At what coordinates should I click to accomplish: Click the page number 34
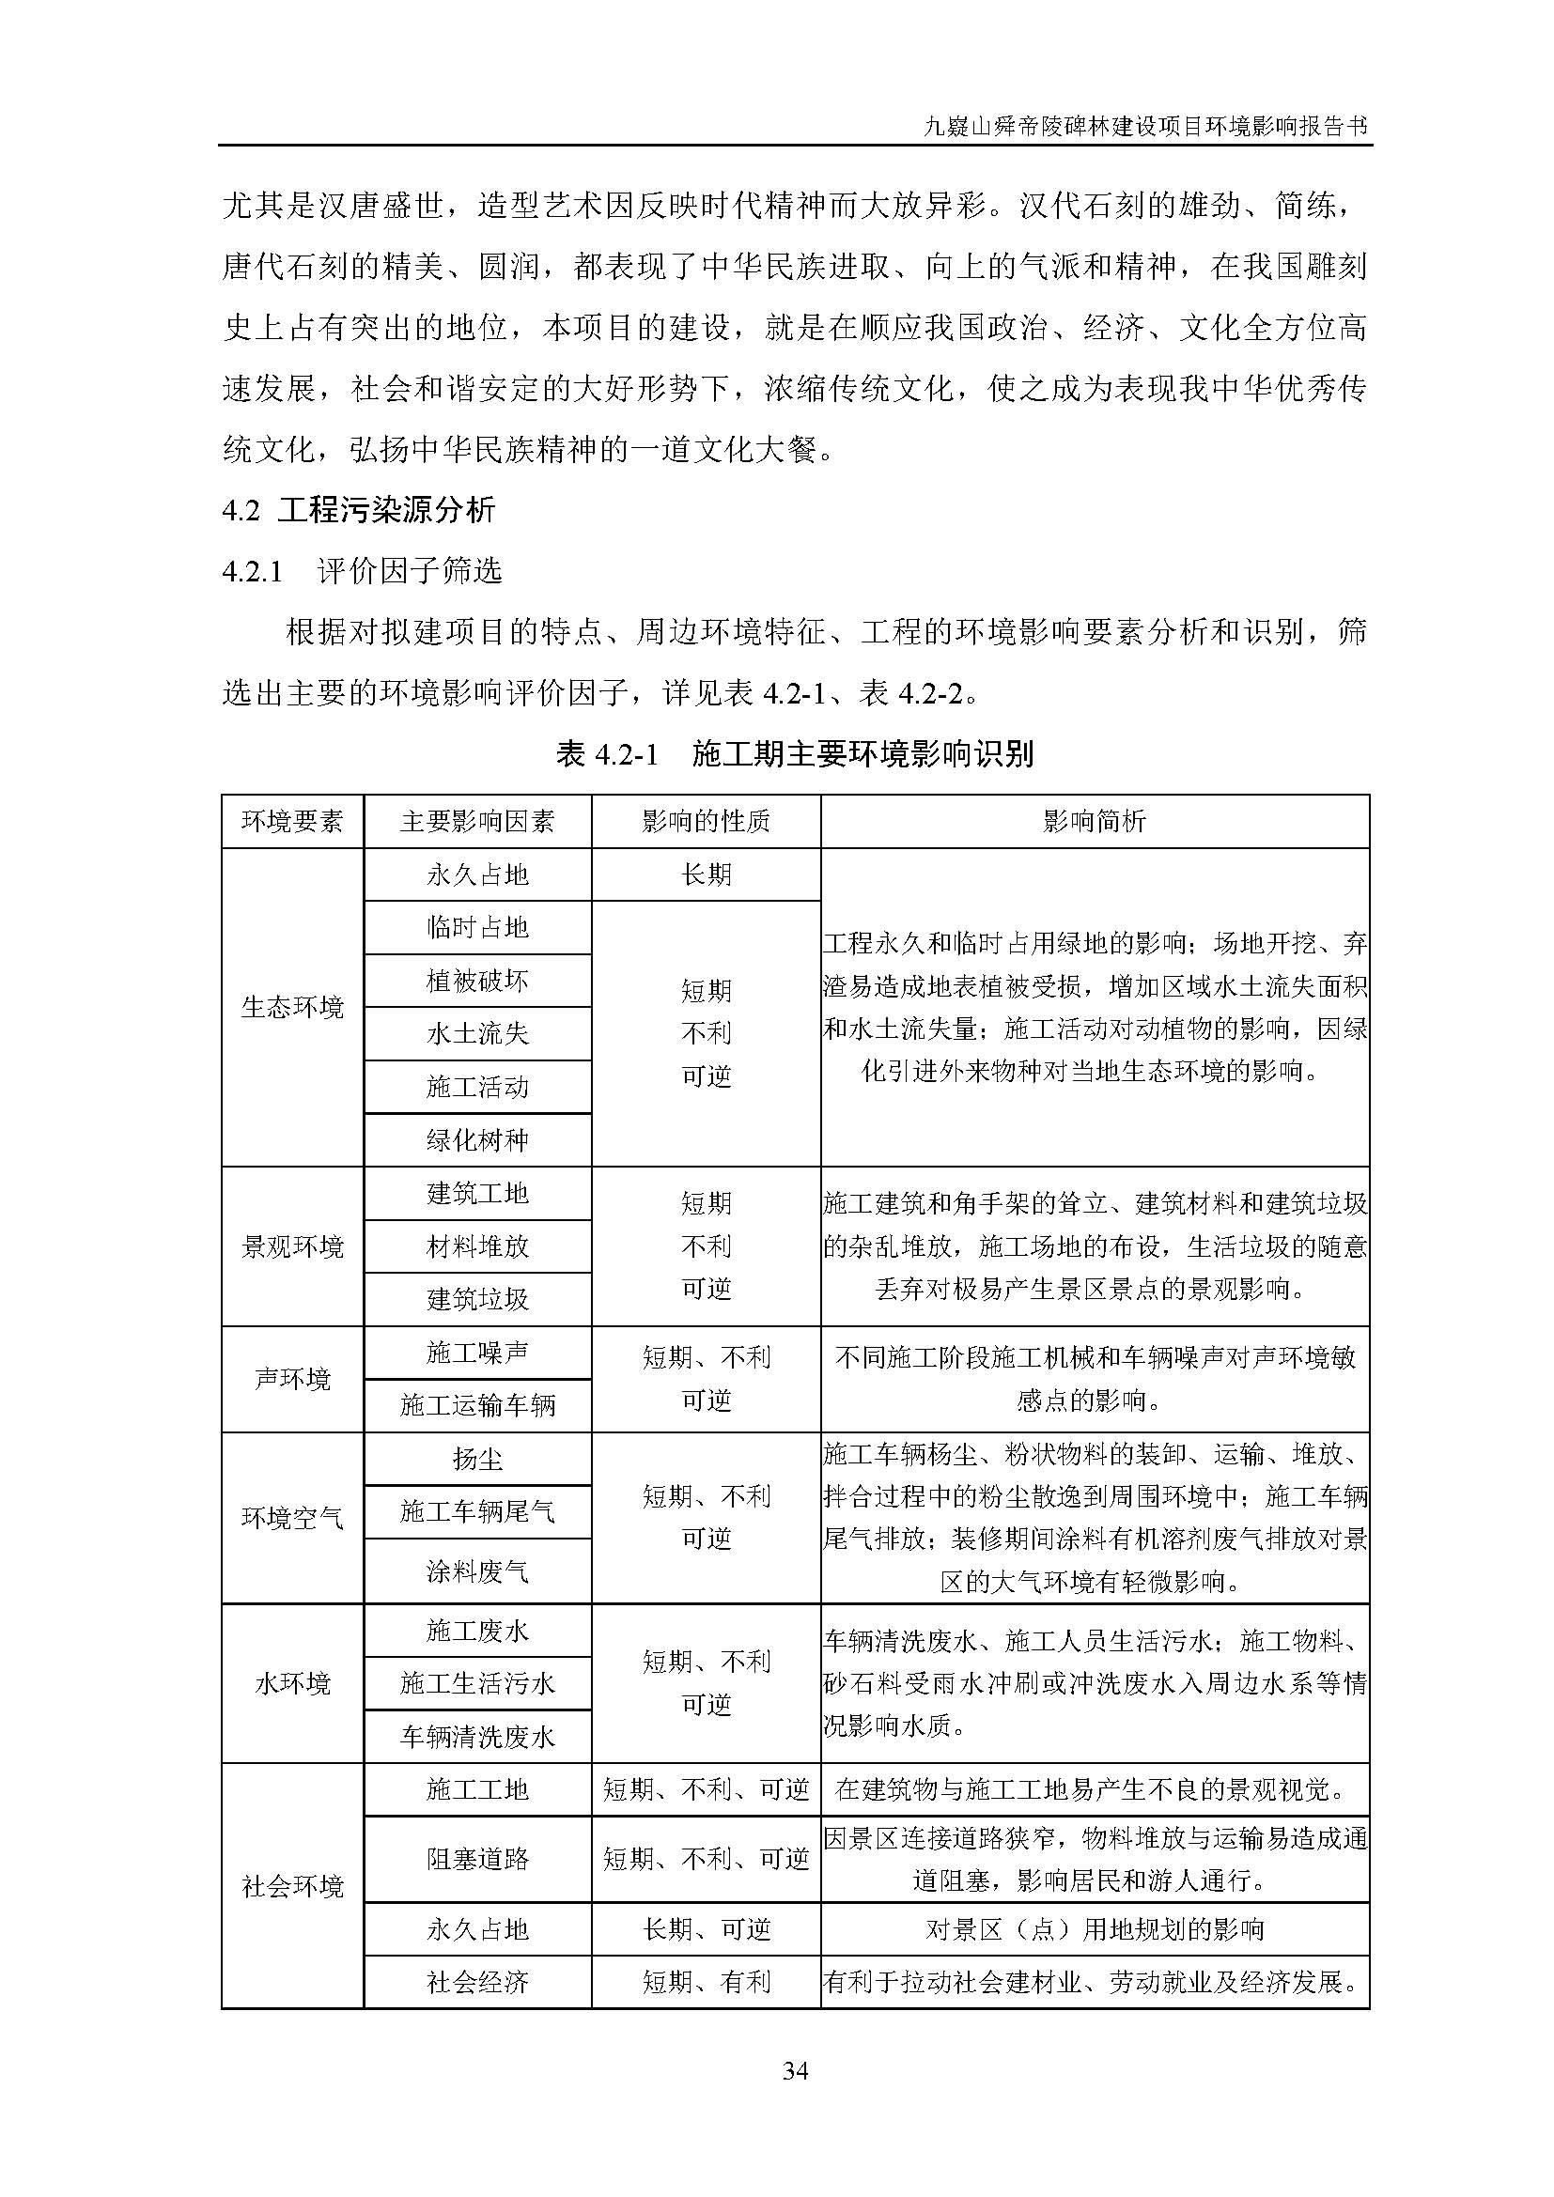point(795,2072)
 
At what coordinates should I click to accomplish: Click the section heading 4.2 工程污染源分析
point(358,510)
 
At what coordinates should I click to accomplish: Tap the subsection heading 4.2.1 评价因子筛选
point(362,571)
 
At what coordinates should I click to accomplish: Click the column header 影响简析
point(1094,821)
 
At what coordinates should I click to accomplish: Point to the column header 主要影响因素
point(476,821)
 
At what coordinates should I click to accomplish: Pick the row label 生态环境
point(292,1007)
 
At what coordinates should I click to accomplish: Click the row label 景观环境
point(292,1246)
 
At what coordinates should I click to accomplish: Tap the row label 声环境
point(292,1379)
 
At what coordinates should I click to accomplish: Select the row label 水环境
point(292,1683)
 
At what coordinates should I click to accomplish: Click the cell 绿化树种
point(476,1139)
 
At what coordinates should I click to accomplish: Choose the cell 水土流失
point(476,1033)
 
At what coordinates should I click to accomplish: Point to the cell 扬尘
point(476,1460)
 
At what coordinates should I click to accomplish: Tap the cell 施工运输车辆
point(476,1406)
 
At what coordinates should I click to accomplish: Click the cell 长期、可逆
point(707,1929)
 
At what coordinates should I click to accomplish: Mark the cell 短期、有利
point(707,1982)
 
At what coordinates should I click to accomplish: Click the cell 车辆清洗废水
point(476,1737)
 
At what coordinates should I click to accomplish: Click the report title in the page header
point(1144,126)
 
